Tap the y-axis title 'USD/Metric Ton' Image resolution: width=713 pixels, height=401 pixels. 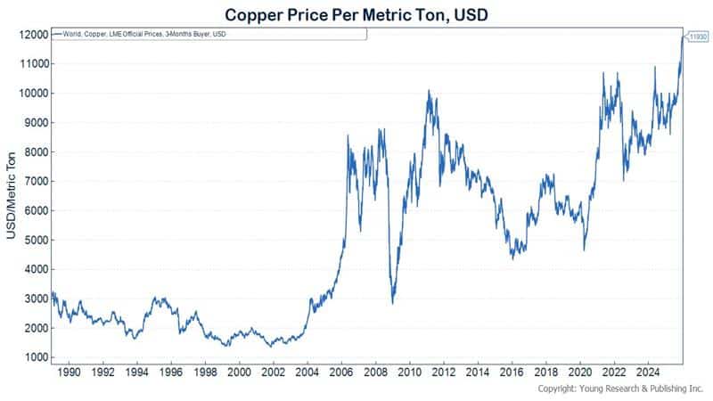(12, 195)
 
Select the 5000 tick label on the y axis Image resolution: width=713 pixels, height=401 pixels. (36, 240)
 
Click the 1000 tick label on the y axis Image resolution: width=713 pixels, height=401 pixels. (36, 357)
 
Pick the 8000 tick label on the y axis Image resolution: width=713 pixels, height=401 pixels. (36, 151)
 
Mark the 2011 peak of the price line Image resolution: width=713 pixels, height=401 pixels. (429, 90)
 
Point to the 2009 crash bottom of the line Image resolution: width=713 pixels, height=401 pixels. (393, 304)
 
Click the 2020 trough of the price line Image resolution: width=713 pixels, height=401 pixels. (585, 250)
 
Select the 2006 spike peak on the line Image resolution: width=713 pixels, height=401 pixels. (348, 135)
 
